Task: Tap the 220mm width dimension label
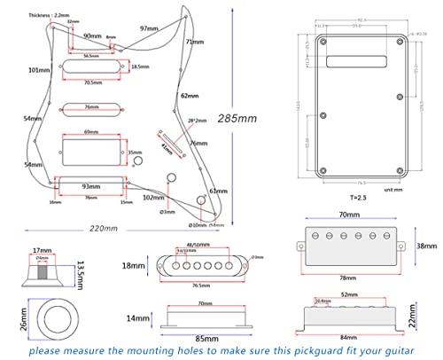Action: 104,229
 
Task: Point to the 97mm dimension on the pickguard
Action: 148,28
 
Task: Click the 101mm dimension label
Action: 37,69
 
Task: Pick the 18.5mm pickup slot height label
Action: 140,67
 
